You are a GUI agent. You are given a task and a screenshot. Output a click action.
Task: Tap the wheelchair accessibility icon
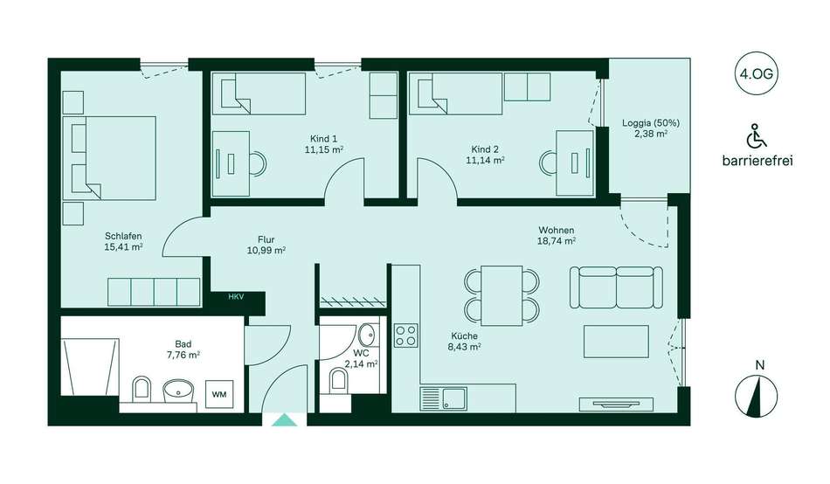click(757, 135)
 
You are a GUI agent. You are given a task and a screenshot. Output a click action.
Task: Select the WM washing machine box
click(219, 394)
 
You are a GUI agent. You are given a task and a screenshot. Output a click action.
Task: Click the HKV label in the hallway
click(236, 297)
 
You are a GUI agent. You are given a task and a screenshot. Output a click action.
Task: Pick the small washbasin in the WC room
click(366, 335)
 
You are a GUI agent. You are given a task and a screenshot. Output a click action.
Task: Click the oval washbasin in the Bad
click(178, 391)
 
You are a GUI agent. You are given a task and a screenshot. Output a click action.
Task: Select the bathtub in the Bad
click(90, 367)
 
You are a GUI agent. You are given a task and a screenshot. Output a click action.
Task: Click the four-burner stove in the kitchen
click(406, 335)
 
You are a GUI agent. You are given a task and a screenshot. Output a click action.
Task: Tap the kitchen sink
click(444, 398)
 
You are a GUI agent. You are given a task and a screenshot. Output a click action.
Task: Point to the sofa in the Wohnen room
click(616, 287)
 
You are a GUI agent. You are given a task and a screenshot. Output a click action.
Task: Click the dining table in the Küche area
click(501, 295)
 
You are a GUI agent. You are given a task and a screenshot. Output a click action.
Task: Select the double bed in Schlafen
click(109, 158)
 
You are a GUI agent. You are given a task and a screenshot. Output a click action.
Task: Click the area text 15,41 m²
click(124, 246)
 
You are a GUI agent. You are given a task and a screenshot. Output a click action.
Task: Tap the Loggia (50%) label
click(651, 123)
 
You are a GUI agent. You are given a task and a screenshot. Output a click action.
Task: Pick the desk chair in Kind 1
click(258, 163)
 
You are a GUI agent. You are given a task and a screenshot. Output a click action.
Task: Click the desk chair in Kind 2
click(548, 162)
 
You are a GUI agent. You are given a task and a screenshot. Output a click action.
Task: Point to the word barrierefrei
click(757, 161)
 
